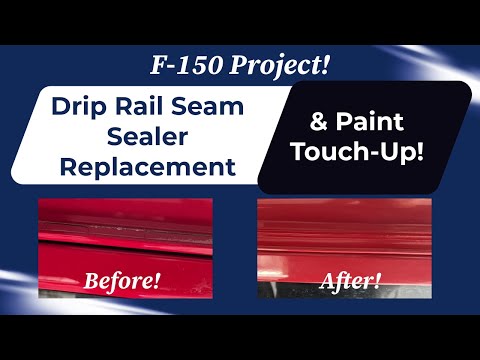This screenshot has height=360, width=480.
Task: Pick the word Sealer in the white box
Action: [145, 137]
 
